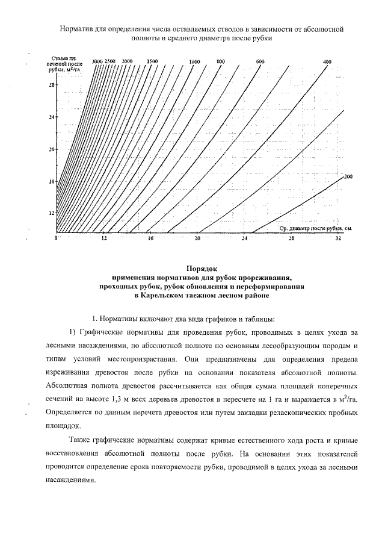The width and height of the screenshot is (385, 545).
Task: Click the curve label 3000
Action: tap(97, 62)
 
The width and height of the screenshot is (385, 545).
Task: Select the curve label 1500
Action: tap(152, 62)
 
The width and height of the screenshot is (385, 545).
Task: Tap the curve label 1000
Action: tap(194, 62)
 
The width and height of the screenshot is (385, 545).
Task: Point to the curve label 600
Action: tap(260, 62)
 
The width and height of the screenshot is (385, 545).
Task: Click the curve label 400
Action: tap(327, 62)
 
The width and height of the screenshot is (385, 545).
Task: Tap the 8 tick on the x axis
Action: tap(56, 239)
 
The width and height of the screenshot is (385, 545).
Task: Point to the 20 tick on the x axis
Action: tap(197, 239)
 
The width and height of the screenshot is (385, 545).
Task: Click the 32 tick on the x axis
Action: tap(338, 239)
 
